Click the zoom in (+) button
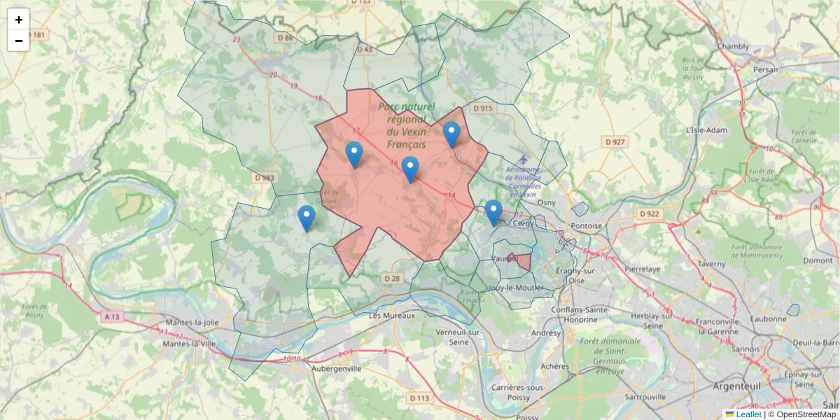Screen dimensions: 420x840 coord(19,20)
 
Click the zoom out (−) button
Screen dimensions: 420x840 coord(19,41)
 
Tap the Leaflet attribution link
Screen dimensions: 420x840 coord(748,414)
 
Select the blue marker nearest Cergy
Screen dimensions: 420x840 coord(493,212)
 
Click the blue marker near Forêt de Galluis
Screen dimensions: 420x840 coord(307,218)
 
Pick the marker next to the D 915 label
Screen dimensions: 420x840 coord(451,134)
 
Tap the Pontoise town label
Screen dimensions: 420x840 coord(587,226)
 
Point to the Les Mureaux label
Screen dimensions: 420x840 coord(392,316)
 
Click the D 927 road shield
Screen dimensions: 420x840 coord(615,142)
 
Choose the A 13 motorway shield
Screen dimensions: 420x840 coord(112,317)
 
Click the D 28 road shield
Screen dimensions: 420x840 coord(392,279)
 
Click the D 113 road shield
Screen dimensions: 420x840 coord(419,398)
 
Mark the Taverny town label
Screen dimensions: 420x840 coord(713,264)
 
